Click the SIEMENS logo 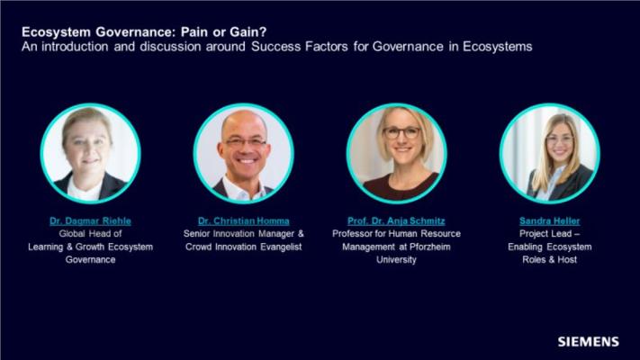588,342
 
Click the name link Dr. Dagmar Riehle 90,220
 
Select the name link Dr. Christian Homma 244,220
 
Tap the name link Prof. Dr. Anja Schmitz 396,220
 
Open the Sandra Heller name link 549,220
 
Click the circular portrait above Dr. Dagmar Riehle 91,153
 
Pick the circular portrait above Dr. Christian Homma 244,153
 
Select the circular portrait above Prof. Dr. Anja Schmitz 397,153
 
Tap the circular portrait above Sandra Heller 550,153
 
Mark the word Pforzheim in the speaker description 429,247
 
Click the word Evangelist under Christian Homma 281,247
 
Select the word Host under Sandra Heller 567,259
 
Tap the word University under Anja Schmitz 396,260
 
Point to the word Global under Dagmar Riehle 72,234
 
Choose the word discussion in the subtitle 170,47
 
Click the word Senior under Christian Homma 197,234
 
